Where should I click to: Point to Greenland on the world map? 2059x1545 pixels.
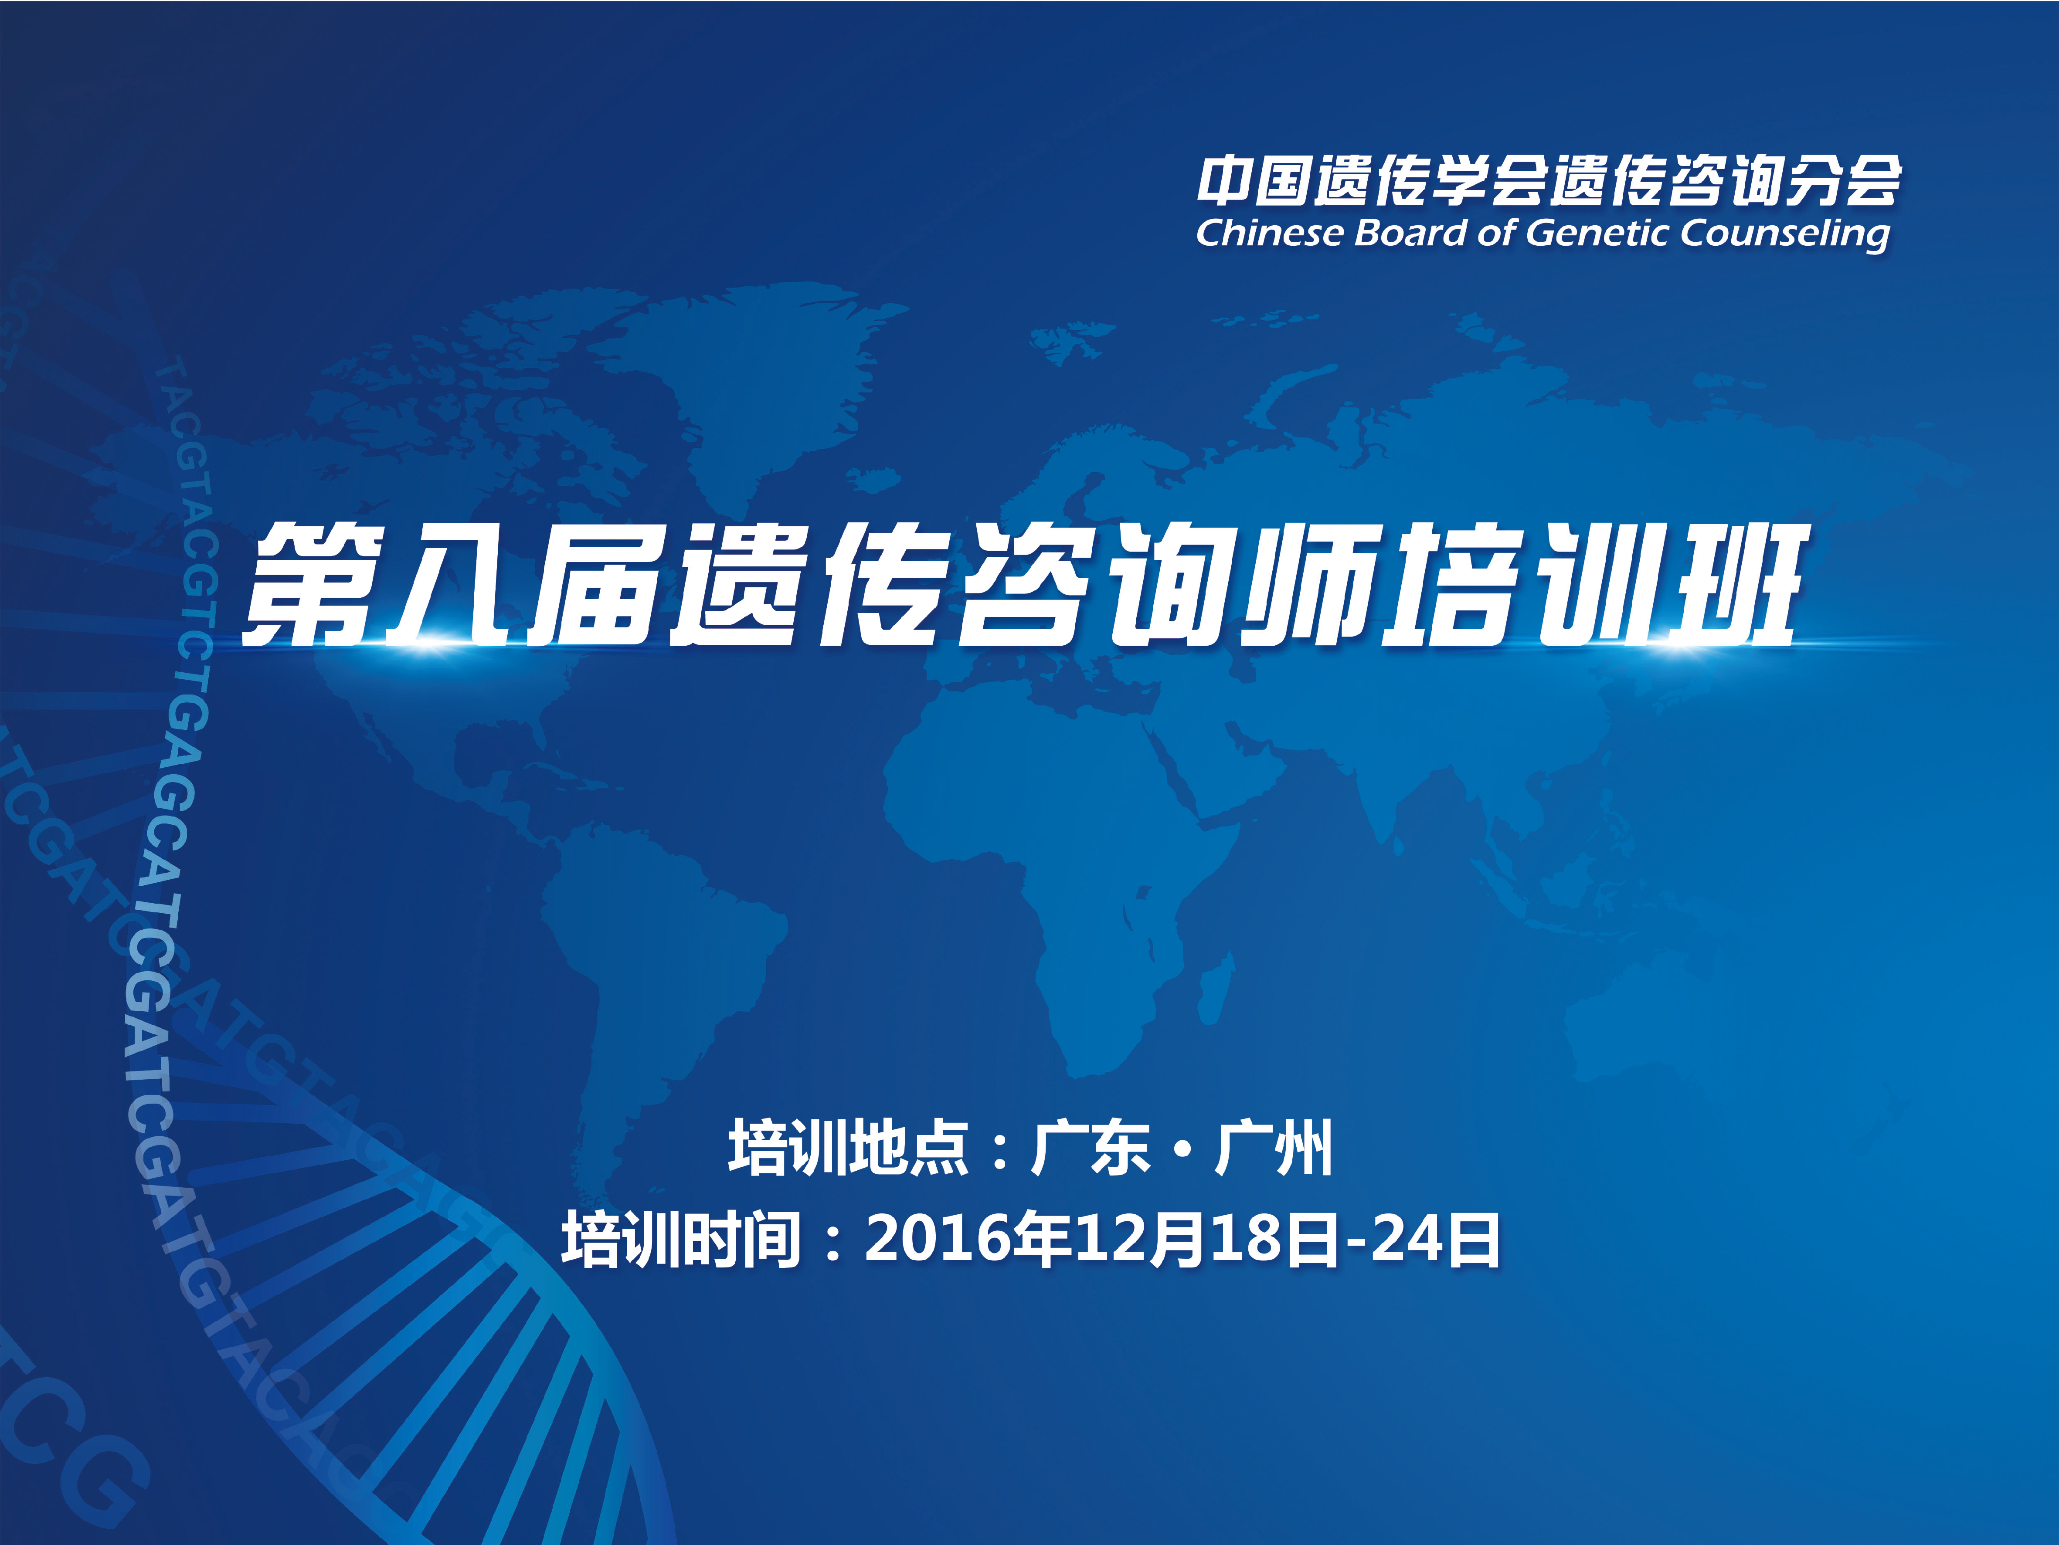pos(773,372)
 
